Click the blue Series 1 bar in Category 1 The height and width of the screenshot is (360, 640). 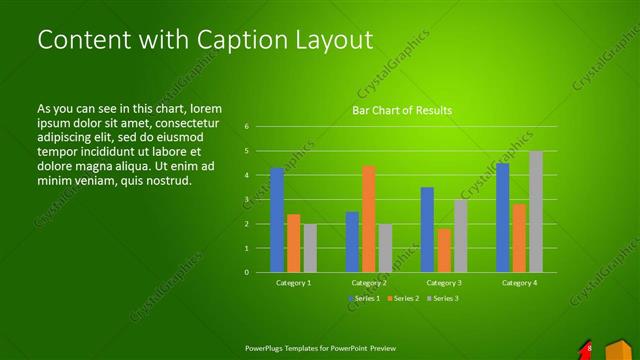point(277,220)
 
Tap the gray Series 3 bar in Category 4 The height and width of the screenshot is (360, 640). point(536,212)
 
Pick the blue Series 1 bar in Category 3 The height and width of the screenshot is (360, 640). point(427,230)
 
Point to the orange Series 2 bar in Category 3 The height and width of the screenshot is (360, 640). point(444,250)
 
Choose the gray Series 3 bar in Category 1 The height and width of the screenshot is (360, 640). point(310,248)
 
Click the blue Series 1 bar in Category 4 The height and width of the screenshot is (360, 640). point(503,218)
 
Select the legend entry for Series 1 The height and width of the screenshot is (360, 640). point(364,298)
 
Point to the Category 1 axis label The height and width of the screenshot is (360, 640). point(293,283)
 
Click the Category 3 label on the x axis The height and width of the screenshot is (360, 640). point(444,283)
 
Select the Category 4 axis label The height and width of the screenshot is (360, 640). point(519,283)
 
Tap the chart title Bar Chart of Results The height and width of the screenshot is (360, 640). point(403,110)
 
